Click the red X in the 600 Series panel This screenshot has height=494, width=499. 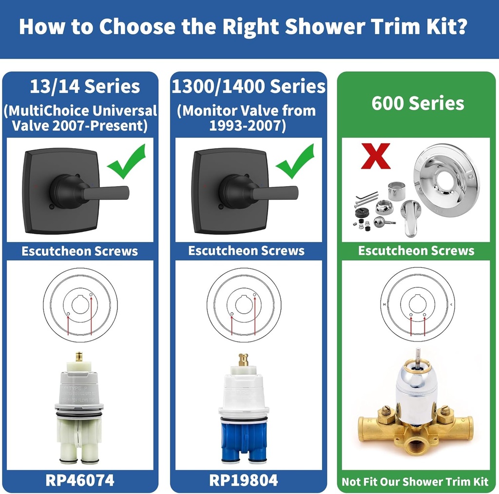click(375, 155)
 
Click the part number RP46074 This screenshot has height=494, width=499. click(80, 480)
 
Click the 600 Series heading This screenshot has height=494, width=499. click(418, 103)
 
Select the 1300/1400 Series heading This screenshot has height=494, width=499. click(248, 87)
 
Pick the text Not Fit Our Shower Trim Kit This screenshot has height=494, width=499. click(415, 481)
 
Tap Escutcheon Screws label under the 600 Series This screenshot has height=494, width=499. click(416, 251)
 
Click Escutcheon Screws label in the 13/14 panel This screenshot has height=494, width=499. click(79, 251)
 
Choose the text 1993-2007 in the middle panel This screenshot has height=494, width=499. click(248, 126)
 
